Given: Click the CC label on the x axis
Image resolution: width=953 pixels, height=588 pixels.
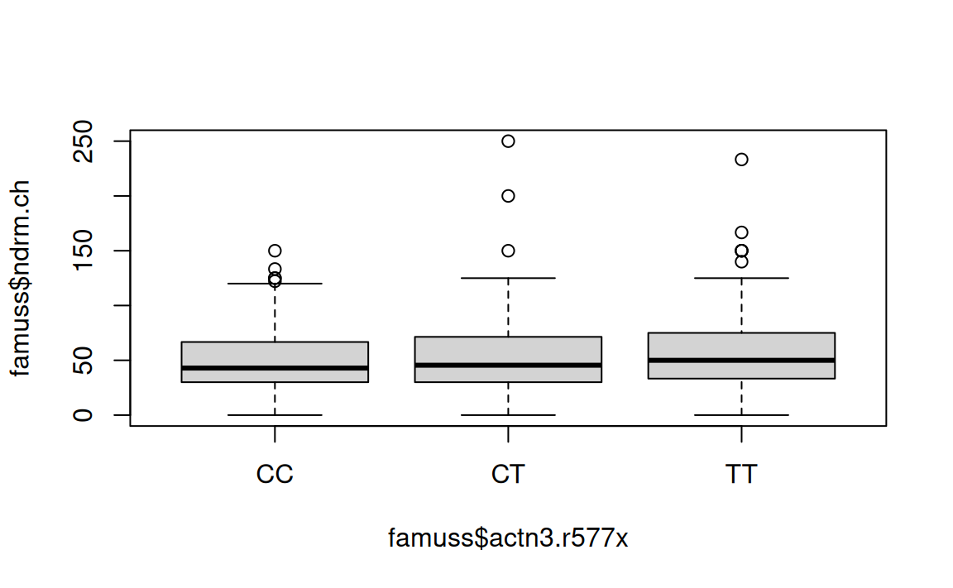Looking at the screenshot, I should tap(275, 476).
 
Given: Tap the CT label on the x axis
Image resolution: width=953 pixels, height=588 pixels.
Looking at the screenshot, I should tap(508, 476).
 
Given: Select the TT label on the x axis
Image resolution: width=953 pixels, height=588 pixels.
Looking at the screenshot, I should tap(741, 476).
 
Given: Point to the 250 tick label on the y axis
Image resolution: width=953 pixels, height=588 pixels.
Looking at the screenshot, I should tap(84, 141).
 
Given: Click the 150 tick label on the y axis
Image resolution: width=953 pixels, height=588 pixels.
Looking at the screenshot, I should tap(84, 251).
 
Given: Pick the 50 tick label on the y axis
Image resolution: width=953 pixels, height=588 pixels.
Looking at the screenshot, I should tap(84, 360).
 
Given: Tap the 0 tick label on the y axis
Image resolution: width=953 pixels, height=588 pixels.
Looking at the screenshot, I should tap(84, 414).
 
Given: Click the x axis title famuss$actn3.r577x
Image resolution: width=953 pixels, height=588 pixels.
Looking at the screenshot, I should tap(508, 538).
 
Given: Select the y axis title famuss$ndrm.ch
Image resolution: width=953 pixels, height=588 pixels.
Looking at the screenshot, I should tap(20, 278).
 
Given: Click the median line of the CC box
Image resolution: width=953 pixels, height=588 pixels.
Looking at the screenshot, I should tap(275, 368).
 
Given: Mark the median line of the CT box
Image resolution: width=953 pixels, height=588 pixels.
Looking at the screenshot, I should tap(508, 365).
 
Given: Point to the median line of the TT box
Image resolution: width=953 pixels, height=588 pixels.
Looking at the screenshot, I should tap(741, 360).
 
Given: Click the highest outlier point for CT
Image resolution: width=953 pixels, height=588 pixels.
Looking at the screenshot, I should tap(508, 141).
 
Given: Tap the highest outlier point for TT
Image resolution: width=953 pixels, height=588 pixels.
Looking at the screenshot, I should tap(741, 159).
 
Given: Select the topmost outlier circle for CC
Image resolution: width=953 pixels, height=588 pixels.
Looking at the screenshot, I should tap(275, 251).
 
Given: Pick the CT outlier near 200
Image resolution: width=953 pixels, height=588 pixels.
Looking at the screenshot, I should tap(508, 196).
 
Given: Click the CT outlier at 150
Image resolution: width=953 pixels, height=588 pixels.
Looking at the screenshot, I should tap(508, 251).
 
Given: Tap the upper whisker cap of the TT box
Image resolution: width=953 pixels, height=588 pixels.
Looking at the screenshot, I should tap(741, 278).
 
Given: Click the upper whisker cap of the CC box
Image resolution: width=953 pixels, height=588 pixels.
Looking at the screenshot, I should tap(275, 284).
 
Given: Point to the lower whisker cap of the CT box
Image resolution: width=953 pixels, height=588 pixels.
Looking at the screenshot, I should tap(508, 414).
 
